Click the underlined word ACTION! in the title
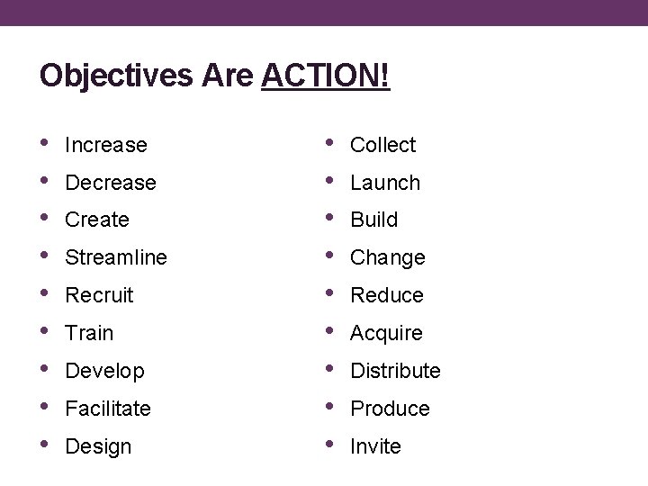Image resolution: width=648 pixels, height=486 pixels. pos(326,76)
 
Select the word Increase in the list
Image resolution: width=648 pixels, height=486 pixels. pos(106,145)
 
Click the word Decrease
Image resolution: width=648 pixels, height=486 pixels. pos(111,183)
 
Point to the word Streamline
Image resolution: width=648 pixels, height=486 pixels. pos(116,258)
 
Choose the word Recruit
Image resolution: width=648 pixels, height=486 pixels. pos(99,296)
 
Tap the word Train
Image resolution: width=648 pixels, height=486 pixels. pos(89,334)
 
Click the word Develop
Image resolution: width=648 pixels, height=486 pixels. pos(104,372)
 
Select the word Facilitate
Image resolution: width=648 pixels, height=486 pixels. pos(108,409)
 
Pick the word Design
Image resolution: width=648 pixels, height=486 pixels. pos(98,447)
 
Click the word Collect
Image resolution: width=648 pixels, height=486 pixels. pos(382,145)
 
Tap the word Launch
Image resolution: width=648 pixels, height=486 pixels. pos(385,183)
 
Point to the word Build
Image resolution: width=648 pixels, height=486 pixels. pos(373,220)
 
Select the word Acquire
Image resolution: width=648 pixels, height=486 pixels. pos(386,334)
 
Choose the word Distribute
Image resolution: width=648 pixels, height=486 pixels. pos(395,372)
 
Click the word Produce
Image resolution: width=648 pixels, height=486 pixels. pos(390,409)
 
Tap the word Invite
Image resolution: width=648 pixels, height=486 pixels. pos(375,447)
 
